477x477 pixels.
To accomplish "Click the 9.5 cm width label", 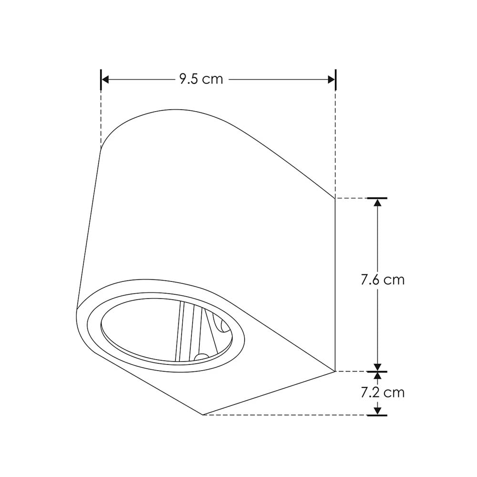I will tap(201, 79).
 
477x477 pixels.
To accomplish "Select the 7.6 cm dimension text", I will tap(383, 280).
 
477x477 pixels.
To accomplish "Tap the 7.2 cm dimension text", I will tap(383, 393).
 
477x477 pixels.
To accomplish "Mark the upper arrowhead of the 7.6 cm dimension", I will tap(377, 202).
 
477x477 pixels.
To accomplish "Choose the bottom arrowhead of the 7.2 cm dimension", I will tap(377, 410).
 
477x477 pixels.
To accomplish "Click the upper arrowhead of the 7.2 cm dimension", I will tap(377, 376).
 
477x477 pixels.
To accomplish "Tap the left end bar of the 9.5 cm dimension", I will tap(101, 79).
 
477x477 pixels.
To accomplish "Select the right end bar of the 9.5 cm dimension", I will tap(336, 79).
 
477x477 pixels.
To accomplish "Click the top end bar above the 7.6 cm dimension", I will tap(377, 197).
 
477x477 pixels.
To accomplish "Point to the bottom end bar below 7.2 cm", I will tap(377, 415).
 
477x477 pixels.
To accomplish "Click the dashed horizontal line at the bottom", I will tap(286, 415).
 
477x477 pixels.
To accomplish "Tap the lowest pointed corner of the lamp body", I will tap(204, 415).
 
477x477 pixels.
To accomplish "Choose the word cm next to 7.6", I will tap(394, 280).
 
